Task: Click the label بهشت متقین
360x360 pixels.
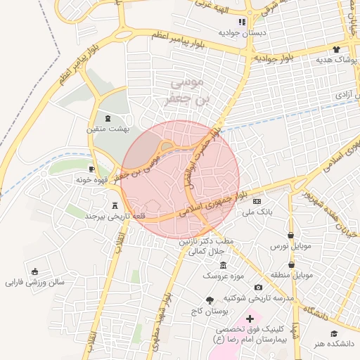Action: tap(108, 129)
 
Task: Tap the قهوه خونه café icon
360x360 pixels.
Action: tap(92, 169)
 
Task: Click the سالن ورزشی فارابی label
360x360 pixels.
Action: tap(35, 283)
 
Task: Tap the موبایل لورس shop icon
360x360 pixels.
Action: tap(290, 235)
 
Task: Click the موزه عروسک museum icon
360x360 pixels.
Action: tap(224, 265)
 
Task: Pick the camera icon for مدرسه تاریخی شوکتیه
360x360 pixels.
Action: tap(259, 287)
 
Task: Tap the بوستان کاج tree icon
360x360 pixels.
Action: tap(209, 300)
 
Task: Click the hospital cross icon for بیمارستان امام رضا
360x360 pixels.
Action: tap(250, 319)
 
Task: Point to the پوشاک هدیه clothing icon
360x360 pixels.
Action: tap(336, 50)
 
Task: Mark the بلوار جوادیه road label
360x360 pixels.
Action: tap(277, 58)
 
